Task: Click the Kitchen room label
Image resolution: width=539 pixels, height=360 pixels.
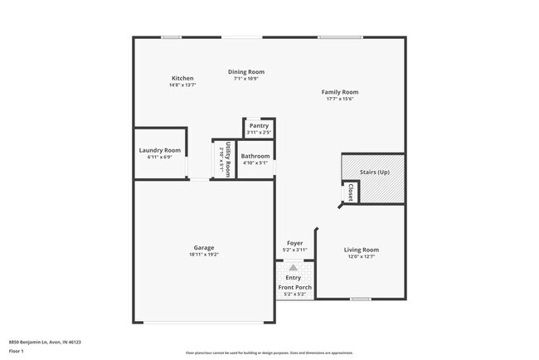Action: tap(182, 78)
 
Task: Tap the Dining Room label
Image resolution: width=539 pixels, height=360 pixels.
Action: tap(246, 72)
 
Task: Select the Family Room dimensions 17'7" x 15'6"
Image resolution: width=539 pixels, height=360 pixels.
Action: tap(340, 99)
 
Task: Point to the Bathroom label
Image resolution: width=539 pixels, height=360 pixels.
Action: tap(255, 156)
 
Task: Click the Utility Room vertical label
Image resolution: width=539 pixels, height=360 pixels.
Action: tap(226, 157)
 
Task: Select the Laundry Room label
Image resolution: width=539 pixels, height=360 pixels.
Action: tap(159, 150)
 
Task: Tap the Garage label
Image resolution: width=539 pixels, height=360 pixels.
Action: tap(204, 247)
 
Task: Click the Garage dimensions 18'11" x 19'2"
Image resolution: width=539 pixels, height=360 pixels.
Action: tap(204, 255)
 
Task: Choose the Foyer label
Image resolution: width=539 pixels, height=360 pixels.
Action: tap(295, 243)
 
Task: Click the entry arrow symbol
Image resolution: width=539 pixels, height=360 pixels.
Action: tap(293, 268)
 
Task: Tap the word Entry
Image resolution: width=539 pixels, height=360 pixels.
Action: tap(293, 278)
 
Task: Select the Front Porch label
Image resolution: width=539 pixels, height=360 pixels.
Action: tap(295, 287)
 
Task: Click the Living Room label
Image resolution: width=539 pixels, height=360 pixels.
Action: tap(361, 250)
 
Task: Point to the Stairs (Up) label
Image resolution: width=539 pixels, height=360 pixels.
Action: tap(374, 172)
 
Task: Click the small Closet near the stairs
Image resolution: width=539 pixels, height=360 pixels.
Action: tap(350, 192)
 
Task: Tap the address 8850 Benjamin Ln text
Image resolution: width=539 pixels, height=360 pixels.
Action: tap(45, 341)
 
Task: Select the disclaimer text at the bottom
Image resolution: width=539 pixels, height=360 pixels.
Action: tap(269, 352)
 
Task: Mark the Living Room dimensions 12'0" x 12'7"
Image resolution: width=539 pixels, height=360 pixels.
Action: tap(361, 257)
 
